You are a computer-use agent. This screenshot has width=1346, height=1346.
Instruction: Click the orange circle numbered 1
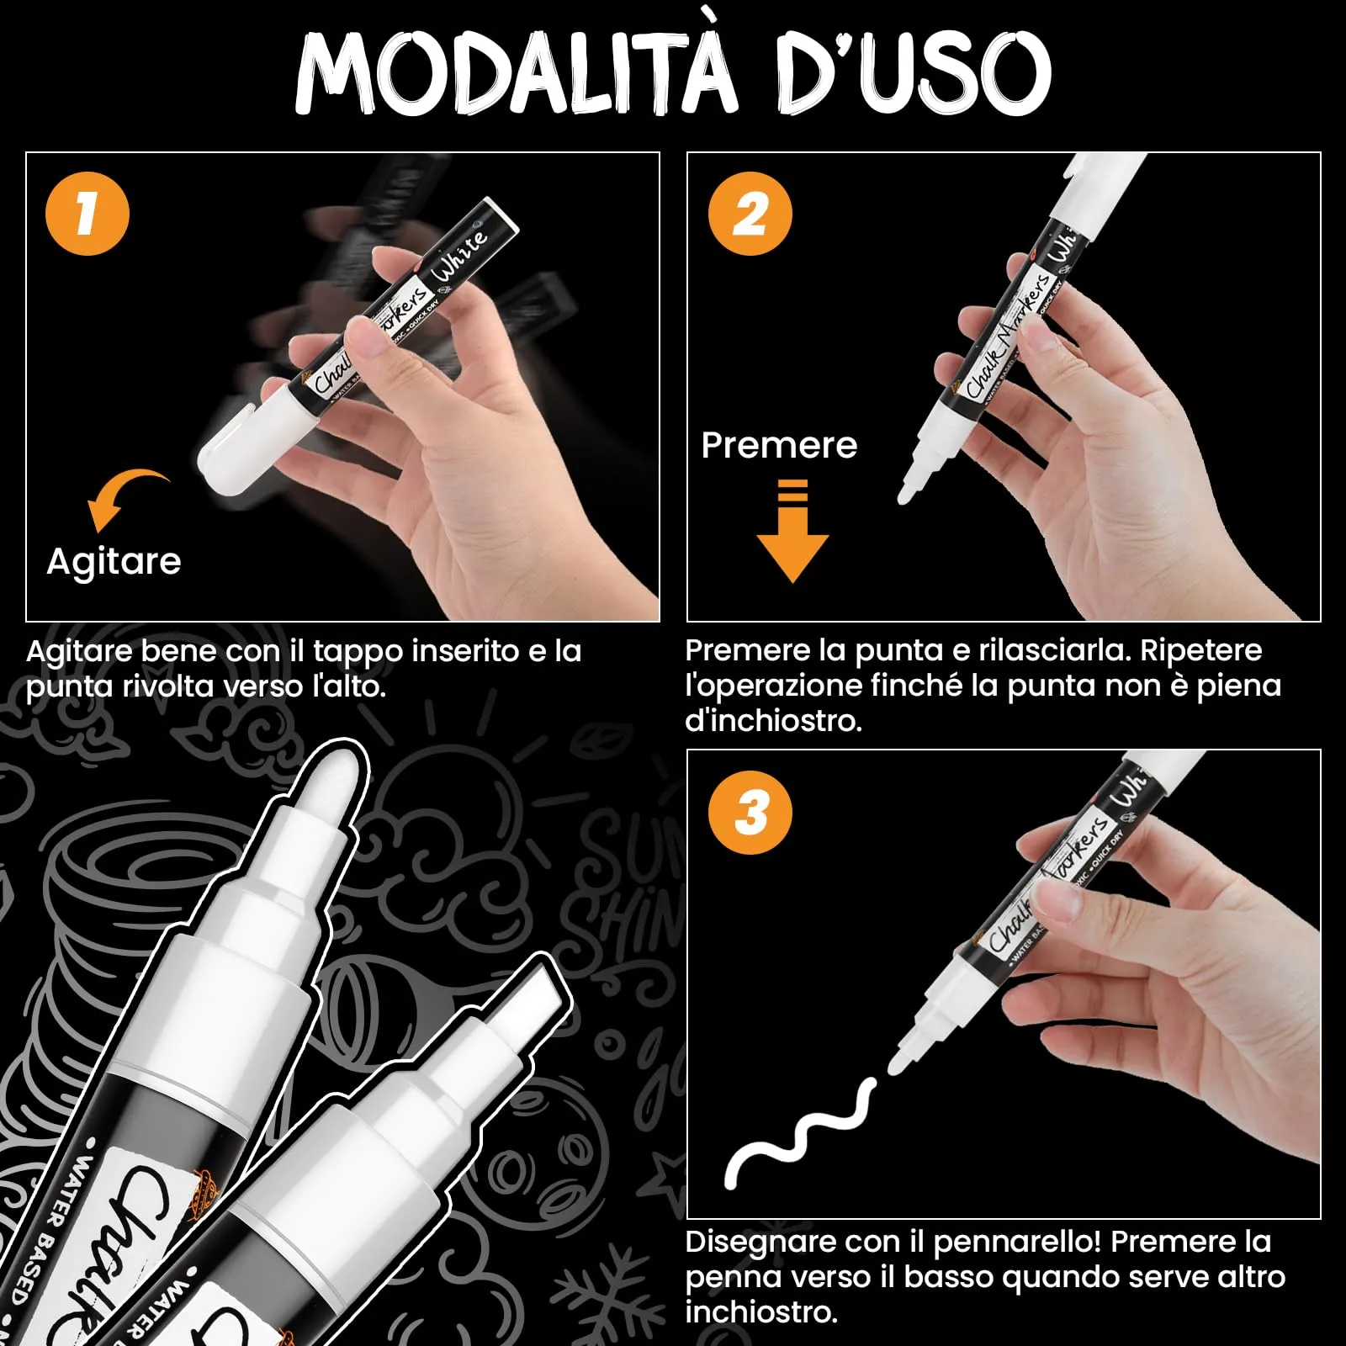87,214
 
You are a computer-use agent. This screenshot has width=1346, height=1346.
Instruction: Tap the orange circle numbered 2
750,214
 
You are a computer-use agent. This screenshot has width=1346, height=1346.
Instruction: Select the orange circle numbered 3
750,813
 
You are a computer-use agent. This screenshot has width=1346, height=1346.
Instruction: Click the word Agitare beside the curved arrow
114,561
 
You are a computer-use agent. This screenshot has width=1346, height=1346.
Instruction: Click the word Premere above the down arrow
779,445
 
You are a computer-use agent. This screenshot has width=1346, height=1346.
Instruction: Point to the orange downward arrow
792,538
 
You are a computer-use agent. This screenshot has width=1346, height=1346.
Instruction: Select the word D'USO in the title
913,74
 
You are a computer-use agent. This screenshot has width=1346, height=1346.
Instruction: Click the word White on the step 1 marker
459,256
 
